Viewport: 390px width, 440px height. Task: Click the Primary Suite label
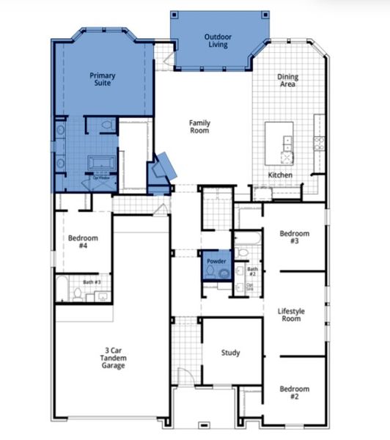pyautogui.click(x=103, y=80)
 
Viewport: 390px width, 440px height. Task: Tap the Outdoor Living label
pyautogui.click(x=216, y=40)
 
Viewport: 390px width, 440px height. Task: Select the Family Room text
pyautogui.click(x=199, y=127)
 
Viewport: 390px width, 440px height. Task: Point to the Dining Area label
pyautogui.click(x=287, y=81)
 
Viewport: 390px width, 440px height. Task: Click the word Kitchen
pyautogui.click(x=280, y=175)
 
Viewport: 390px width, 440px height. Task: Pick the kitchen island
pyautogui.click(x=279, y=144)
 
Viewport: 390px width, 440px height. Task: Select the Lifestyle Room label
pyautogui.click(x=290, y=315)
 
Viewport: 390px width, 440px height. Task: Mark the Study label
pyautogui.click(x=231, y=353)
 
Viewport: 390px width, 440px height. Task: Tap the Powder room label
pyautogui.click(x=216, y=261)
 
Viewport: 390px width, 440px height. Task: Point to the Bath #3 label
pyautogui.click(x=92, y=282)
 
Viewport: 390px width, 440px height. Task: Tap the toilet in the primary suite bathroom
pyautogui.click(x=108, y=127)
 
